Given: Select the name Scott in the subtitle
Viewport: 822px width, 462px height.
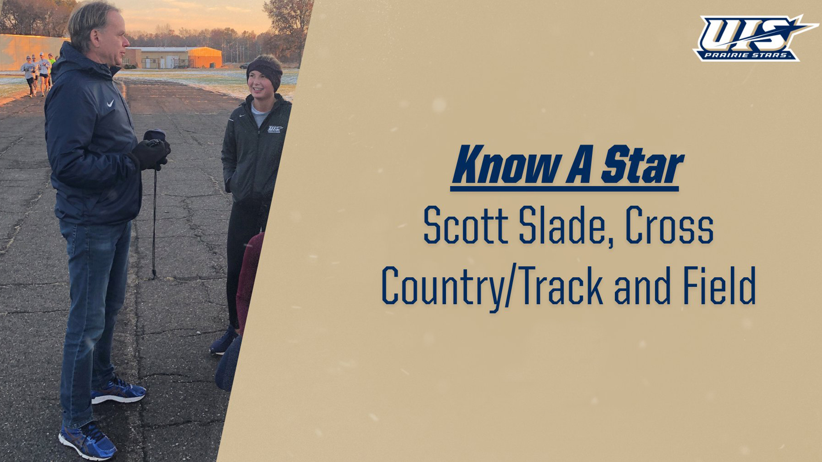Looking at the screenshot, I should point(465,226).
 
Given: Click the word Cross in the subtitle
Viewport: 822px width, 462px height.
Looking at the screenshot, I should point(669,226).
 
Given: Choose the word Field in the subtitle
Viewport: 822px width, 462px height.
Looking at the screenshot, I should point(719,285).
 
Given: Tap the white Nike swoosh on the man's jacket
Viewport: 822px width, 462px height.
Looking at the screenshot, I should point(110,103).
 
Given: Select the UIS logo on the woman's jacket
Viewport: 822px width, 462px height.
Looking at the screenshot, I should point(275,129).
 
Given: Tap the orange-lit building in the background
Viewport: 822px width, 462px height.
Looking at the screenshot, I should point(205,57).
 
